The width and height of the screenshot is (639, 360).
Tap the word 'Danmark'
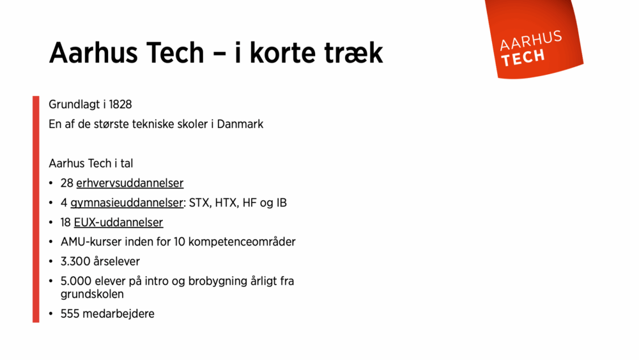240,124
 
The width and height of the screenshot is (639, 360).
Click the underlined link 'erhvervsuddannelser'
130,184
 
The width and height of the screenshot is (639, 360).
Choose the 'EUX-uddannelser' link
118,223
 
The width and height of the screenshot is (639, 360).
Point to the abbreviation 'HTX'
226,203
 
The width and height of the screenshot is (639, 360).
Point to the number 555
70,314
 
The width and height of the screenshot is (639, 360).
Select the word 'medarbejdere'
118,314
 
